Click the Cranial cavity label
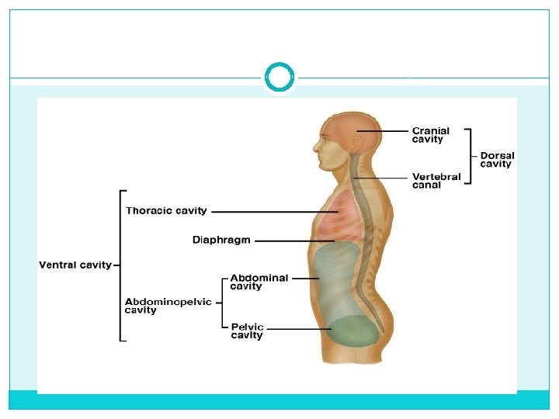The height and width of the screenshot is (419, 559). point(430,136)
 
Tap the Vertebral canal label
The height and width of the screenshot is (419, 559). point(436,181)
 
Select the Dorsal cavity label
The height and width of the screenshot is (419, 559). point(497,160)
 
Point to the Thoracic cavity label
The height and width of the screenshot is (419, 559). point(166,211)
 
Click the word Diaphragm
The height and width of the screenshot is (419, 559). point(221,241)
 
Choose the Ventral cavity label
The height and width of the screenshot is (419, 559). point(75,265)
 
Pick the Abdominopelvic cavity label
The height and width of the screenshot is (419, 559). point(168,306)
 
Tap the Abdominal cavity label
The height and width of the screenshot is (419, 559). point(259,282)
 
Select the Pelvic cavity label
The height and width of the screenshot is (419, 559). point(248,331)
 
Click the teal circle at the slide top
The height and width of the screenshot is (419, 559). point(279,78)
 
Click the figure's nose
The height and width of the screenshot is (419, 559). point(317,144)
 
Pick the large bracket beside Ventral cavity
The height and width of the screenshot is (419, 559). point(120,265)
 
